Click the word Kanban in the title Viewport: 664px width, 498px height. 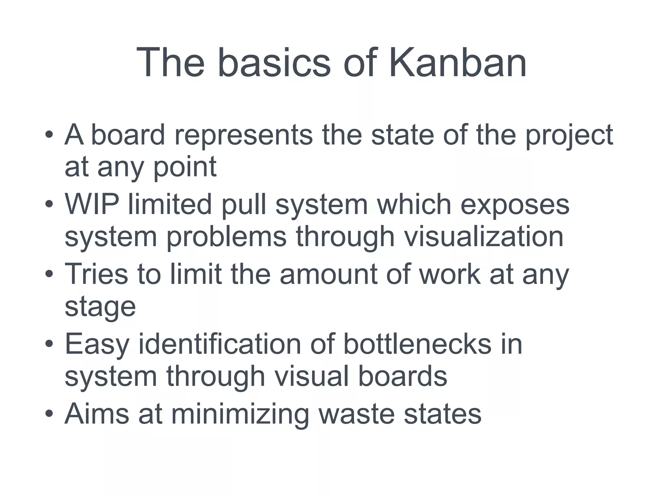click(x=457, y=62)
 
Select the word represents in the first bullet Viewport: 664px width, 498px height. click(x=243, y=136)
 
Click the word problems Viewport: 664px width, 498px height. click(x=226, y=237)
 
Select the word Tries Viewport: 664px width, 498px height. click(x=96, y=274)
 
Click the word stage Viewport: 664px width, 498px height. click(x=100, y=307)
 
